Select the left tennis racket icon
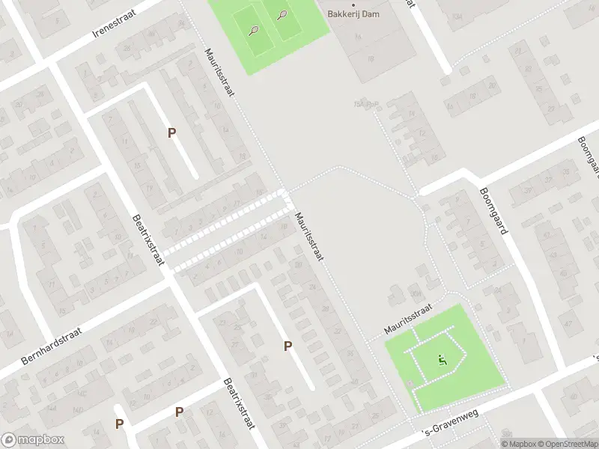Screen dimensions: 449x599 click(253, 31)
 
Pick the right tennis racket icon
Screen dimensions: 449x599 click(282, 14)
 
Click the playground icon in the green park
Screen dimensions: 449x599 click(442, 361)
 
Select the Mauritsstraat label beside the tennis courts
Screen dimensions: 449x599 click(221, 73)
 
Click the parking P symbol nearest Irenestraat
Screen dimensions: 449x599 click(171, 132)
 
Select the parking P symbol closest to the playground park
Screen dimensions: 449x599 click(288, 346)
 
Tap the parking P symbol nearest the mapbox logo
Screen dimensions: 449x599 click(119, 424)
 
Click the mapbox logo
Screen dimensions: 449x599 click(32, 440)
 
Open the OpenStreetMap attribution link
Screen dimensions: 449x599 click(567, 444)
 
